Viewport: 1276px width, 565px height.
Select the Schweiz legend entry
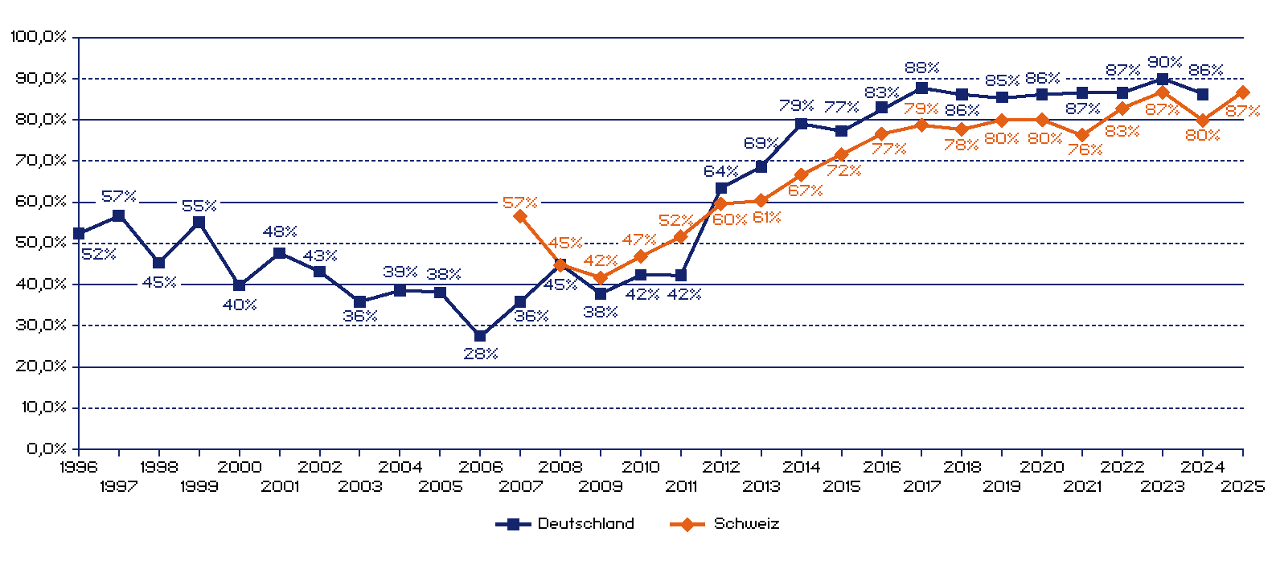click(x=725, y=524)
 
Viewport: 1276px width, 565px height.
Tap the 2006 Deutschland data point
click(x=480, y=336)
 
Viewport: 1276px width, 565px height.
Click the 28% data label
click(x=481, y=354)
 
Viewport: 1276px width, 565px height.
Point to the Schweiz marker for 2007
click(x=520, y=216)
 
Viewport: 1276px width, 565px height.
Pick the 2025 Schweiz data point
click(x=1242, y=92)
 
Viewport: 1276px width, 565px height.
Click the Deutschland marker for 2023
click(x=1162, y=79)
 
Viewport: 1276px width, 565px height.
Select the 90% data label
click(x=1164, y=62)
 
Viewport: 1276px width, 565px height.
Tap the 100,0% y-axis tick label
click(x=39, y=37)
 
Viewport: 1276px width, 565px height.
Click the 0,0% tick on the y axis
click(x=47, y=448)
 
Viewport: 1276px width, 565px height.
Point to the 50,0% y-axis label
click(x=41, y=243)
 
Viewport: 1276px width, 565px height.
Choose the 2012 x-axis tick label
click(x=721, y=467)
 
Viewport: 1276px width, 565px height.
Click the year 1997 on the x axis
click(x=119, y=486)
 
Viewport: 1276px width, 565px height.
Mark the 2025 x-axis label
click(x=1242, y=486)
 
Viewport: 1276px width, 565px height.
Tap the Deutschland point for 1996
click(x=79, y=234)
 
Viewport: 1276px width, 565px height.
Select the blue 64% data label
click(x=720, y=171)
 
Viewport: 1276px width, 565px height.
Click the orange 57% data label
click(x=519, y=203)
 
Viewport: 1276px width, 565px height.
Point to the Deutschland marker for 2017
click(x=921, y=88)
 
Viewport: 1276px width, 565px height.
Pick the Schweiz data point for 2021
click(x=1082, y=135)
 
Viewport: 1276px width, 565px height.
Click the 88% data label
click(x=921, y=68)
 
